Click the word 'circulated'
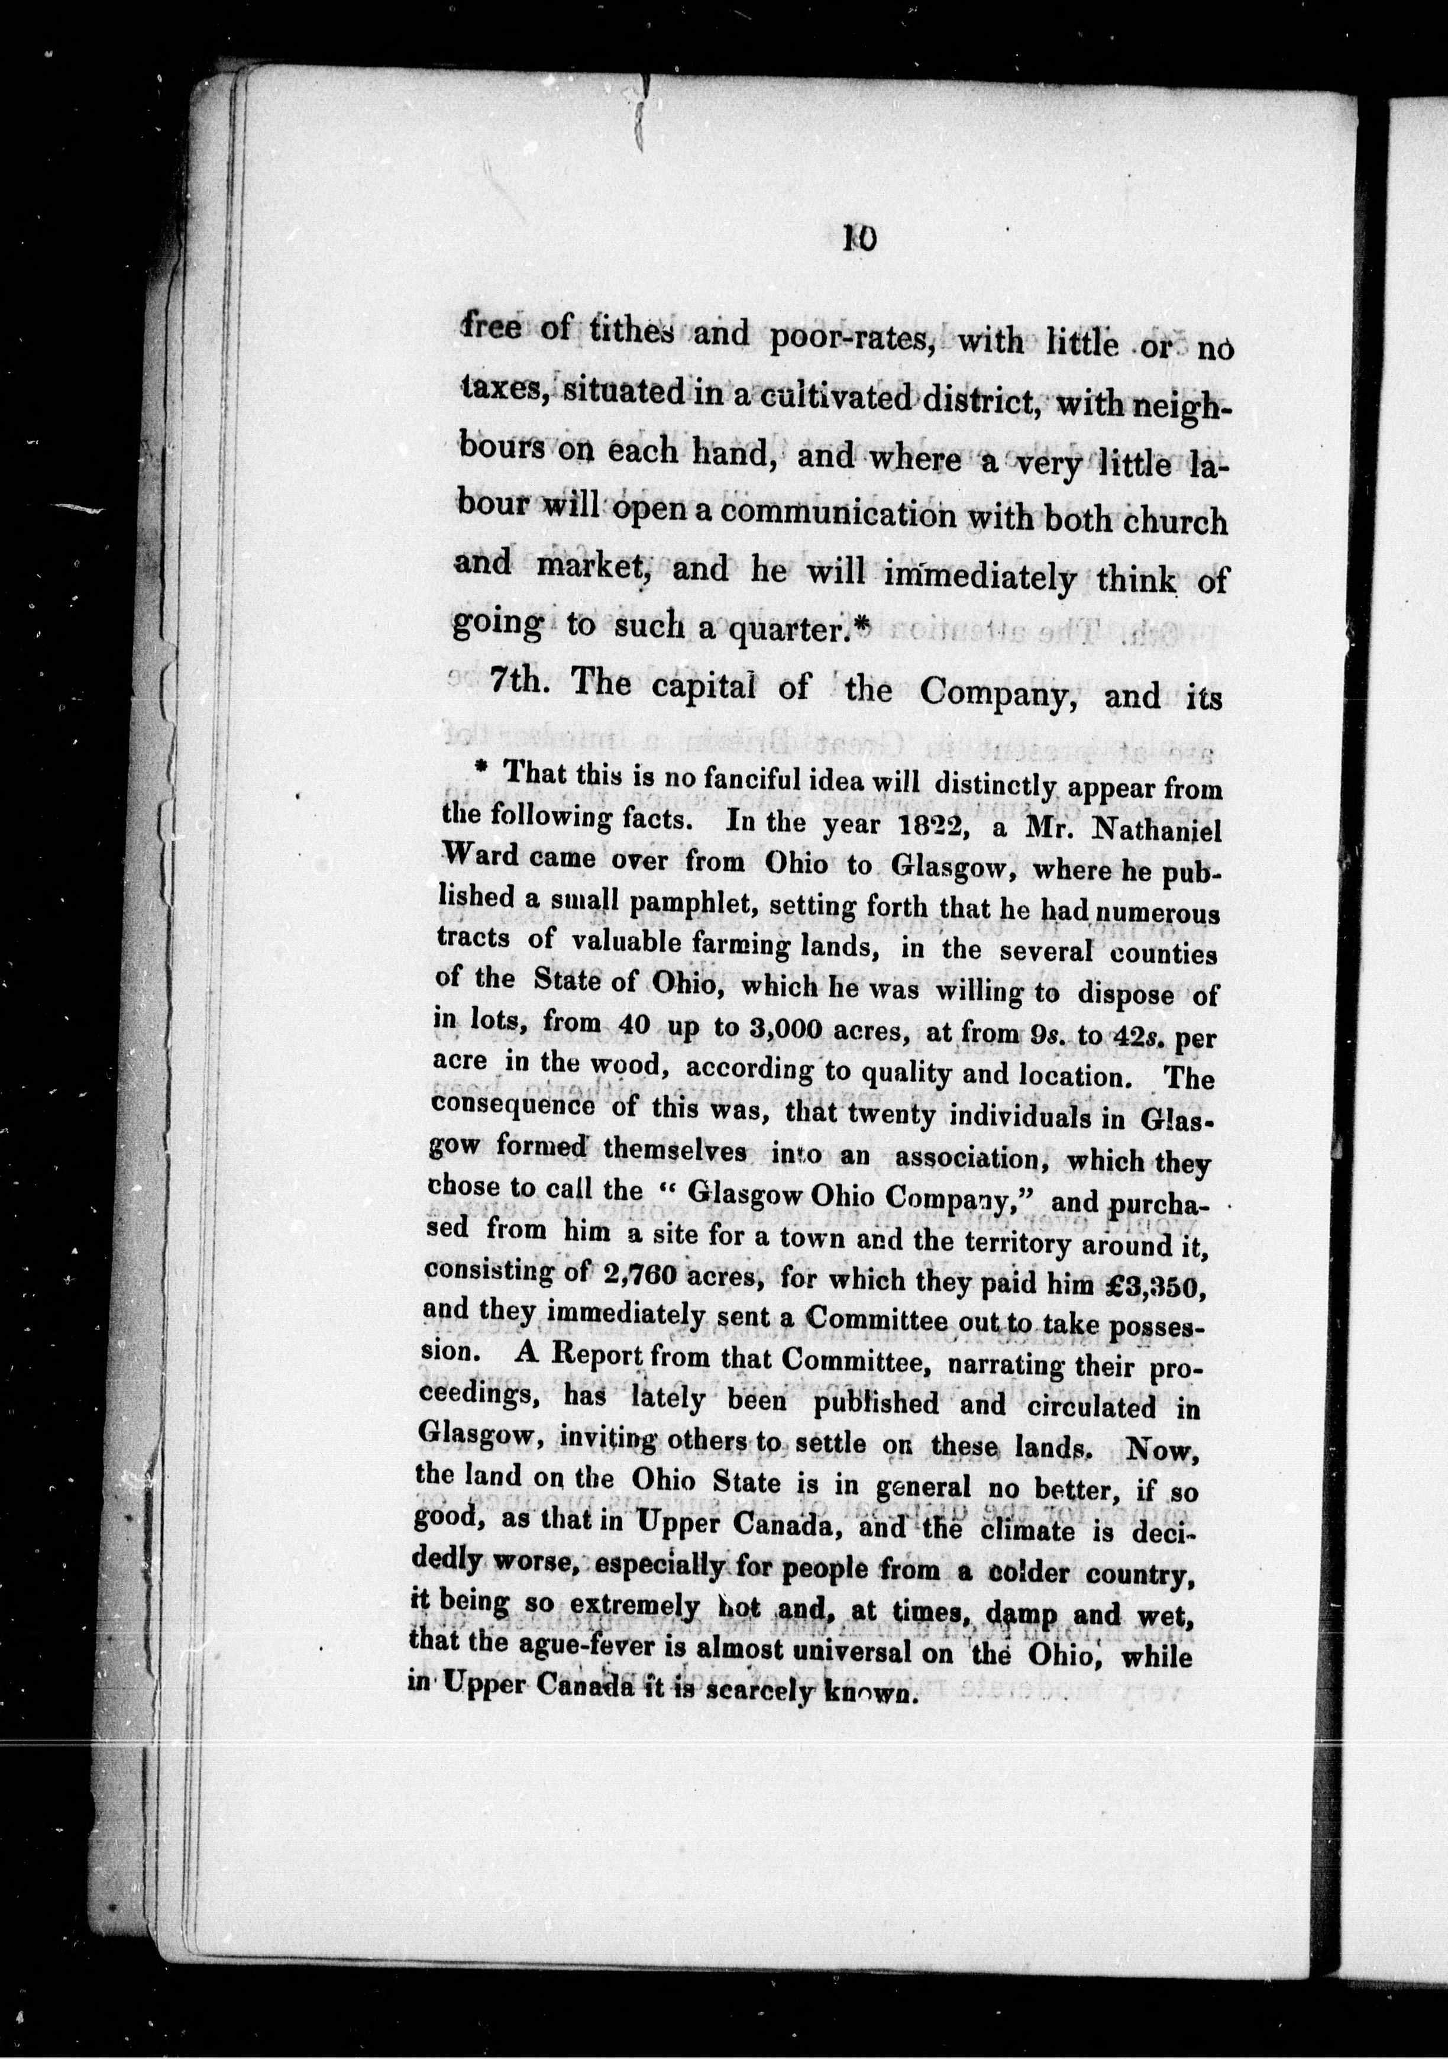1093,1406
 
